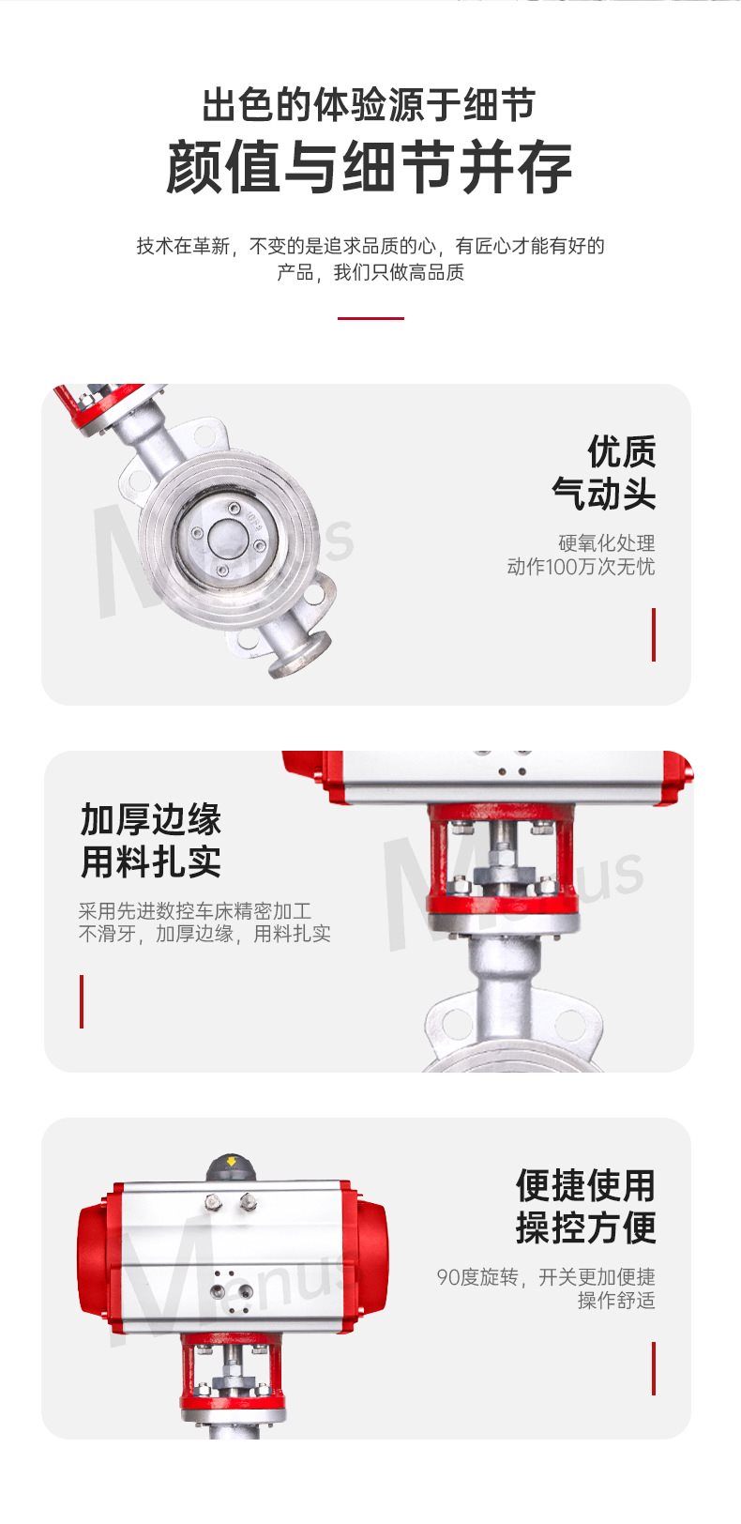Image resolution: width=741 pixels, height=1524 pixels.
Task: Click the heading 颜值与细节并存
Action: click(370, 167)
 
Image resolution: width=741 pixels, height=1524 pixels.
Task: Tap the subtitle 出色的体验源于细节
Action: click(370, 105)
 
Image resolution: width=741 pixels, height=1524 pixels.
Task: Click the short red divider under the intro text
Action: click(370, 318)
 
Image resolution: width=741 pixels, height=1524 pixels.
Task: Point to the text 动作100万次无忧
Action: click(581, 566)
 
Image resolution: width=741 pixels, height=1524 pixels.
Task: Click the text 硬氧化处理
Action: click(606, 543)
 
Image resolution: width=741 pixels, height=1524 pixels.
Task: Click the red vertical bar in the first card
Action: click(654, 634)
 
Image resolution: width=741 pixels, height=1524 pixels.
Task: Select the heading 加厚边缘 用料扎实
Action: click(151, 840)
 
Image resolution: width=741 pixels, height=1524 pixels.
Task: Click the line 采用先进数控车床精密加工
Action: click(195, 910)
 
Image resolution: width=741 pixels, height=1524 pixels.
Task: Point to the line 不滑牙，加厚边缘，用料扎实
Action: click(204, 934)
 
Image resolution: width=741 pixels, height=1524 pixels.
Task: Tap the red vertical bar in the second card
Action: click(82, 1001)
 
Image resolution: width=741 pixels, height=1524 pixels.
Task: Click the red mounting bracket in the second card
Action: click(503, 860)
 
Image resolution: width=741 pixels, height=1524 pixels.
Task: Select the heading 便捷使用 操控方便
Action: click(585, 1206)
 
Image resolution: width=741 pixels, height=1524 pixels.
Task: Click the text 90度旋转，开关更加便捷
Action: click(546, 1277)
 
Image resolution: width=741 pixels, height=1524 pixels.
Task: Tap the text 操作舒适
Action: click(616, 1300)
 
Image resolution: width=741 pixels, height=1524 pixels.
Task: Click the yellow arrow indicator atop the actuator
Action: click(232, 1161)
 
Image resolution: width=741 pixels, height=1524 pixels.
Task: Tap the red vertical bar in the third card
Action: click(654, 1368)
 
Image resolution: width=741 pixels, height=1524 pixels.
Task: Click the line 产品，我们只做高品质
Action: click(370, 272)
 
